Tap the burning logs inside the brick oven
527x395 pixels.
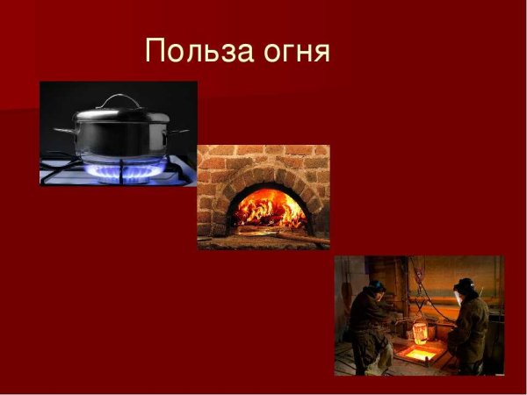tap(268, 212)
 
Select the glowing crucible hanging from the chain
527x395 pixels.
tap(422, 331)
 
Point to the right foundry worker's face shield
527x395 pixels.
tap(456, 297)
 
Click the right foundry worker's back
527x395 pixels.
tap(475, 325)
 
